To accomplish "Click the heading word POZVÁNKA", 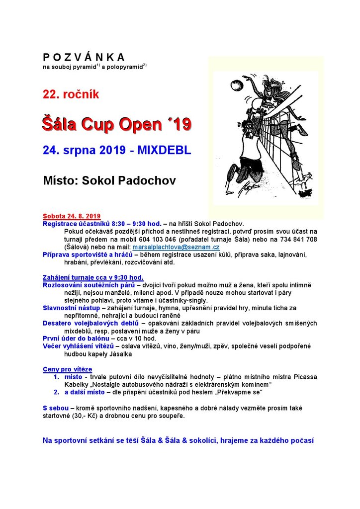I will click(x=84, y=57).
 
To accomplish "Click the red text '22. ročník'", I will click(x=71, y=94).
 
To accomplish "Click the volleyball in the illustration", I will click(x=236, y=83).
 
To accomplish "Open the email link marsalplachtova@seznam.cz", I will click(x=176, y=247).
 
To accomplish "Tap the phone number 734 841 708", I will click(x=297, y=239).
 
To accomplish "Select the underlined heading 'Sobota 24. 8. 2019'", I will click(x=72, y=217).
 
